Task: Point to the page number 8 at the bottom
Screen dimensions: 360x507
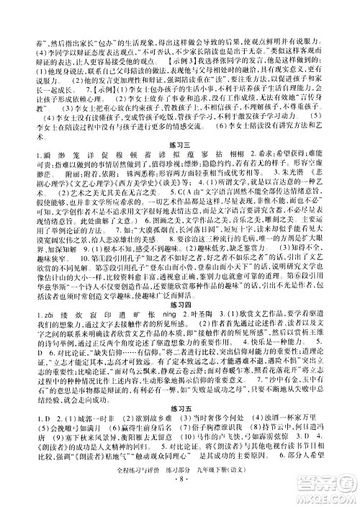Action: click(x=180, y=497)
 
